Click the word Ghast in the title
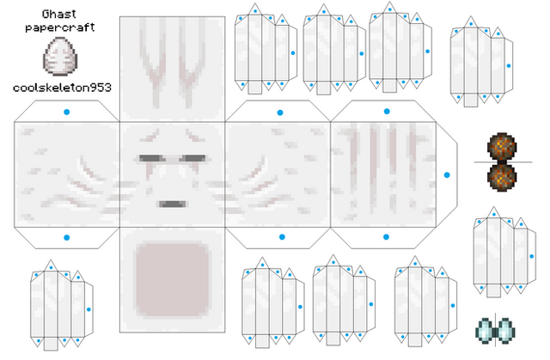coord(58,14)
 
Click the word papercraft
coord(60,27)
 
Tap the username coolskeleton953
coord(62,88)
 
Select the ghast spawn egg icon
coord(60,56)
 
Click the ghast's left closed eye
coord(152,158)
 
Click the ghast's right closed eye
coord(192,158)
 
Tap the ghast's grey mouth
coord(172,204)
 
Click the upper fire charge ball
coord(502,147)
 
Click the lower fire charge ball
coord(502,177)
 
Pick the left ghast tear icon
coord(485,331)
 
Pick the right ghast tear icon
coord(505,331)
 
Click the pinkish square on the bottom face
coord(172,279)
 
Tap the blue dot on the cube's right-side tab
coord(447,175)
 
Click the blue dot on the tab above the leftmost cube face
coord(67,113)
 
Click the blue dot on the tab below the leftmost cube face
coord(67,238)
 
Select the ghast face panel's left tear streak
coord(150,171)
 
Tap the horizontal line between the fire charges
coord(503,162)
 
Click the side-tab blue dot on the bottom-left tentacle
coord(89,309)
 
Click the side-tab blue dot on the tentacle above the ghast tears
coord(532,257)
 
